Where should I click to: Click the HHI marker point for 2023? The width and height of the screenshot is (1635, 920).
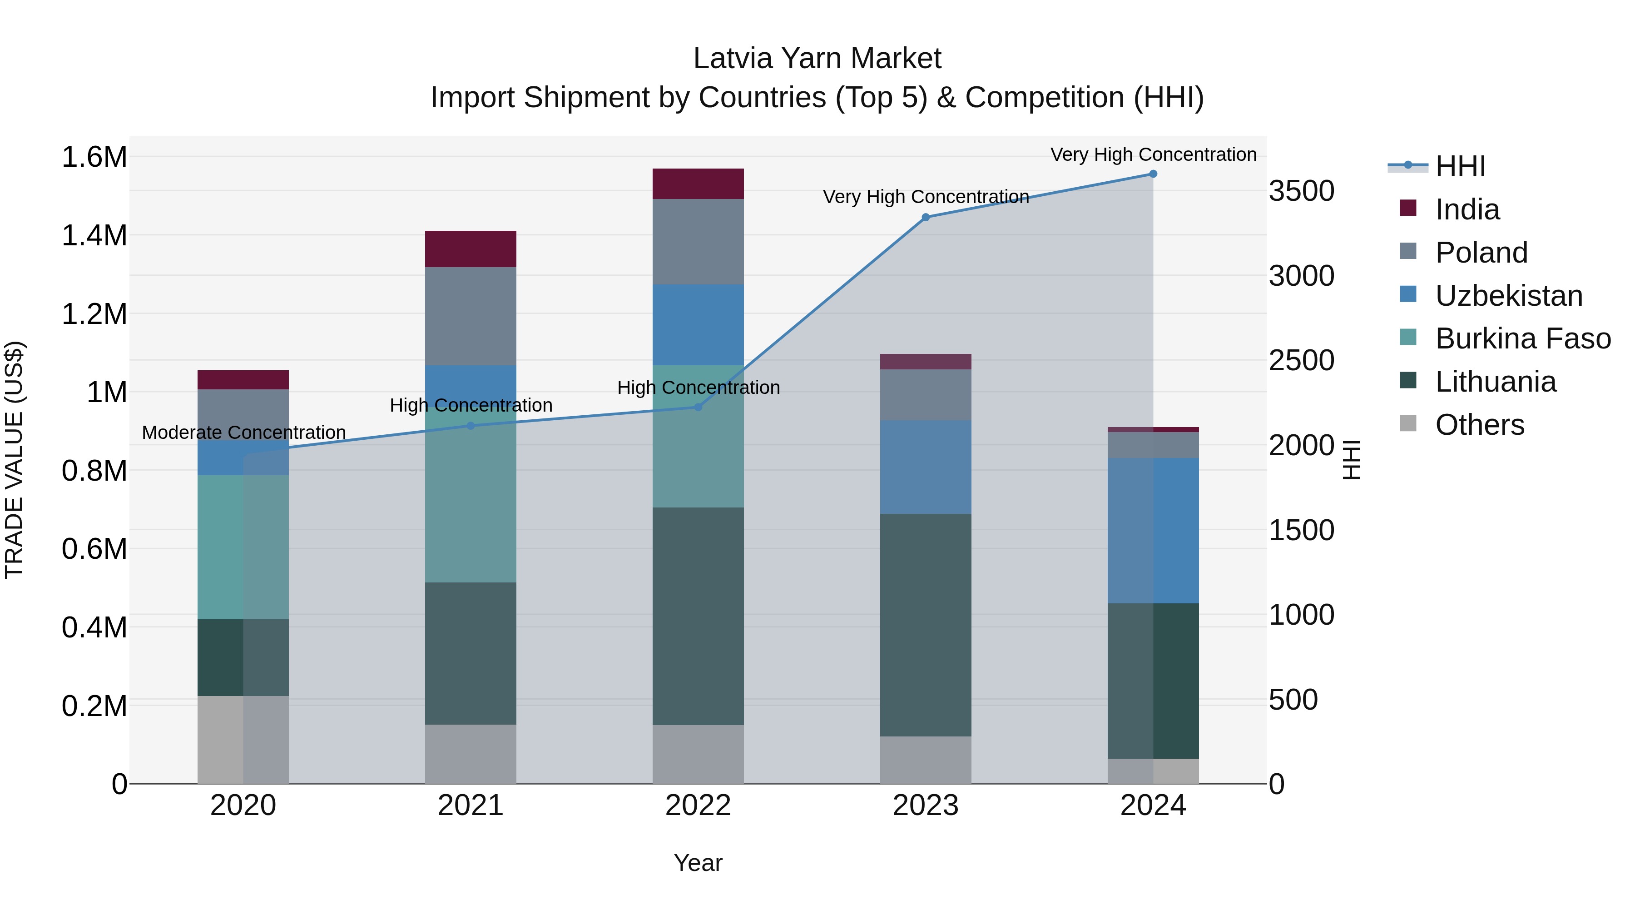click(926, 217)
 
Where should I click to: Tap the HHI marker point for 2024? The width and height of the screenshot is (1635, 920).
click(1153, 174)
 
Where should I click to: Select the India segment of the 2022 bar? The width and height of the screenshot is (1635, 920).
click(698, 184)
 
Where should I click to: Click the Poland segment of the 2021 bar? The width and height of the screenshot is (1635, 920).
click(471, 316)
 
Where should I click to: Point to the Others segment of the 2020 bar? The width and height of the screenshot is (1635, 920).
click(243, 739)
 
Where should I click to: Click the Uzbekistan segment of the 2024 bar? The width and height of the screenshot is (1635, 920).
click(1153, 530)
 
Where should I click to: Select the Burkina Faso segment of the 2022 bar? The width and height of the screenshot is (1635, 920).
click(698, 436)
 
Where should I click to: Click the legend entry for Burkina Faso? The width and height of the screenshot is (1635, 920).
click(1522, 338)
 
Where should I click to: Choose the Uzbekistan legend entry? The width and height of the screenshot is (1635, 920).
click(1508, 296)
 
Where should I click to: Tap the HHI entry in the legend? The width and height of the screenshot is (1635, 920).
click(1460, 166)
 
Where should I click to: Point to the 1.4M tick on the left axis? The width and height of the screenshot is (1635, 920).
click(94, 235)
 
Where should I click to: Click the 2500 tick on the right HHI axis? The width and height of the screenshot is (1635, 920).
click(1301, 361)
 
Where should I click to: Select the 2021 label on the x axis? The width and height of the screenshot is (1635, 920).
click(471, 806)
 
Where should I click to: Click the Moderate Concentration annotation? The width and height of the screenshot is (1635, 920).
click(244, 433)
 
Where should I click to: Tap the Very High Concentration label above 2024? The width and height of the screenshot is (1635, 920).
click(1153, 154)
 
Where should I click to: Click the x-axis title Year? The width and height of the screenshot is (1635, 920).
click(698, 863)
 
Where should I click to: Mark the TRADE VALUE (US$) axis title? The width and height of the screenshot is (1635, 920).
click(14, 460)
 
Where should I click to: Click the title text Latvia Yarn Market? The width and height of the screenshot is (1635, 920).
click(817, 59)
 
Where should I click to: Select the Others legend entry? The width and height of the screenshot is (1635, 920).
click(1479, 425)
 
